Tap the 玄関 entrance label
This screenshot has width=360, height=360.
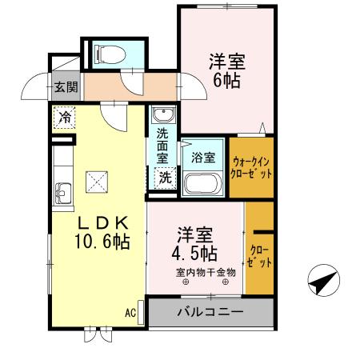[66, 86]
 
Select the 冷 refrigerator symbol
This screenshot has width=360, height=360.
[65, 118]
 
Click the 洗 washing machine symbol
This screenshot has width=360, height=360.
[165, 177]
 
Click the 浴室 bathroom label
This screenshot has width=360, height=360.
[203, 158]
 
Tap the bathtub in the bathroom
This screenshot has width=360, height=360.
[204, 182]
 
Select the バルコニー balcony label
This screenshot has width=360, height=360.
[209, 311]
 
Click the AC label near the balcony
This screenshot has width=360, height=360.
[130, 311]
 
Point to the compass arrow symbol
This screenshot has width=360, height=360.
[322, 282]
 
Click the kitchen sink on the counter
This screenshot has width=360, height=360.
[63, 192]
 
